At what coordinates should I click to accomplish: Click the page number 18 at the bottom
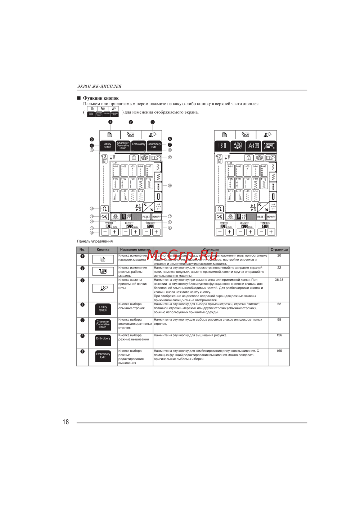pyautogui.click(x=66, y=422)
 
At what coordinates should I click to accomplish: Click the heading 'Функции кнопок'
pyautogui.click(x=100, y=98)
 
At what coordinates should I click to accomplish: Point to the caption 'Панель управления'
pyautogui.click(x=95, y=241)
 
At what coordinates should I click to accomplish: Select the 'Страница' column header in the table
pyautogui.click(x=279, y=249)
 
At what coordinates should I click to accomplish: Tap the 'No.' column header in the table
pyautogui.click(x=82, y=249)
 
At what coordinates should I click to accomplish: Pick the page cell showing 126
pyautogui.click(x=279, y=335)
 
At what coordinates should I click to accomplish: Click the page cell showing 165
pyautogui.click(x=279, y=351)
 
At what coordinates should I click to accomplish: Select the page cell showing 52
pyautogui.click(x=279, y=304)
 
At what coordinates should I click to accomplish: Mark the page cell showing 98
pyautogui.click(x=279, y=319)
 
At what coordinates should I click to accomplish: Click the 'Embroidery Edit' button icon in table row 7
pyautogui.click(x=103, y=356)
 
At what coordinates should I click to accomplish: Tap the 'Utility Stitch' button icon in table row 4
pyautogui.click(x=103, y=309)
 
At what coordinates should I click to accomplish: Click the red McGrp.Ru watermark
pyautogui.click(x=183, y=255)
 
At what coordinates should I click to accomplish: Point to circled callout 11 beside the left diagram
pyautogui.click(x=170, y=186)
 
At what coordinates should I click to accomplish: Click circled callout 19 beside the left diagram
pyautogui.click(x=170, y=228)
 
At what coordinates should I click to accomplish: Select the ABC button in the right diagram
pyautogui.click(x=238, y=145)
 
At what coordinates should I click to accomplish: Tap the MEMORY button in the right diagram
pyautogui.click(x=271, y=217)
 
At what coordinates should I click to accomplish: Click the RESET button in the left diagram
pyautogui.click(x=146, y=217)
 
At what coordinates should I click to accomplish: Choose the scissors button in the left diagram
pyautogui.click(x=104, y=217)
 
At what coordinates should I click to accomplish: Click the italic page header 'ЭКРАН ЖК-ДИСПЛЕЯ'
pyautogui.click(x=99, y=86)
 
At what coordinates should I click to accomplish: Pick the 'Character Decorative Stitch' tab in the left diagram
pyautogui.click(x=123, y=145)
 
